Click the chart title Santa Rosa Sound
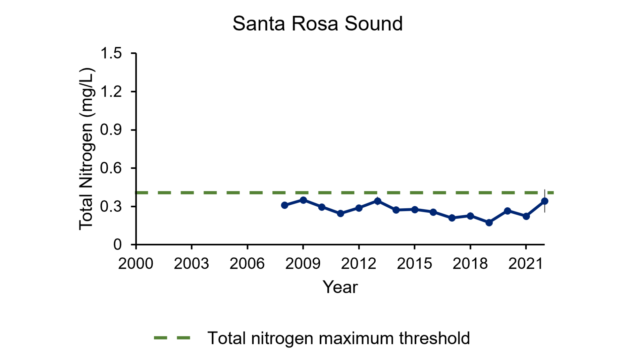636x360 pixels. click(317, 24)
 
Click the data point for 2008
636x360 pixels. click(285, 205)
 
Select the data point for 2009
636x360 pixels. click(303, 200)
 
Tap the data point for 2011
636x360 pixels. click(341, 214)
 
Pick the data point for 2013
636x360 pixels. click(378, 201)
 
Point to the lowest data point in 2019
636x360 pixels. click(489, 223)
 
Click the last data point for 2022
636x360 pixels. click(545, 201)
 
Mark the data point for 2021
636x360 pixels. click(526, 216)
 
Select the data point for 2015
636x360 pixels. click(415, 210)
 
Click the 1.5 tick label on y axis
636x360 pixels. click(111, 53)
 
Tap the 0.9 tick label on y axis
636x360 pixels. click(111, 130)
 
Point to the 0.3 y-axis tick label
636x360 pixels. click(111, 207)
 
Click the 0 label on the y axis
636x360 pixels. click(117, 245)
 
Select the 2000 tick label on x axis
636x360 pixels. click(136, 264)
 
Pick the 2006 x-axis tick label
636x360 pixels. click(247, 264)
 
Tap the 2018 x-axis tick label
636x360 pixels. click(470, 264)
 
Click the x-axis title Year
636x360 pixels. click(340, 287)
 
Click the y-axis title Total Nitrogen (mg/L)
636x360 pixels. click(87, 149)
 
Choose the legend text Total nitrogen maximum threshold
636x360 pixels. click(339, 338)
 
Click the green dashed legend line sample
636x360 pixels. click(172, 338)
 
